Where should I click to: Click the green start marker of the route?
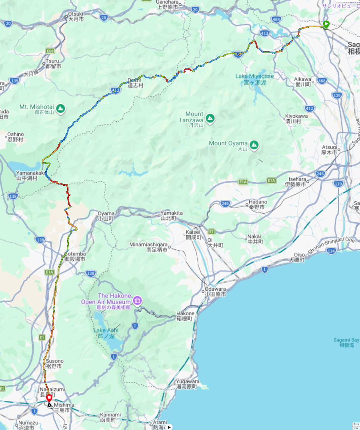(x=326, y=24)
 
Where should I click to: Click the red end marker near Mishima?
(x=49, y=398)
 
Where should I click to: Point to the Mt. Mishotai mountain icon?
(x=61, y=109)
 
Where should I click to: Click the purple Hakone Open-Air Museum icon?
(x=138, y=300)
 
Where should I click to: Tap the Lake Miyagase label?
(x=254, y=79)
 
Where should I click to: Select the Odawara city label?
(x=215, y=291)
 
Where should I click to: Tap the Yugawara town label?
(x=186, y=384)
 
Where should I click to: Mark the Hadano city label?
(x=257, y=205)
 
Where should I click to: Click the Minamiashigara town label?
(x=149, y=247)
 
